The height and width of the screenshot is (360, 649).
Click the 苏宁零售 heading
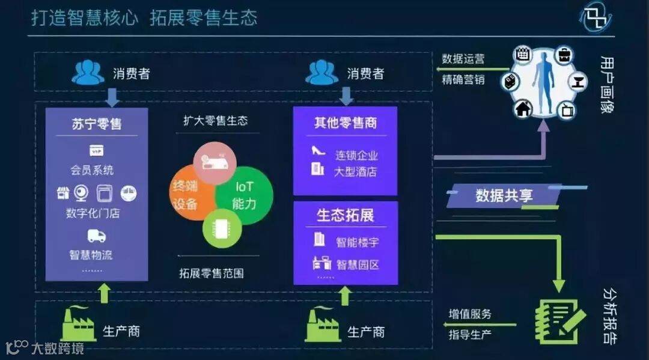96,124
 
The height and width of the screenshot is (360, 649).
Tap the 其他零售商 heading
346,123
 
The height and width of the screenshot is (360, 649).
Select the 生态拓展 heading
345,215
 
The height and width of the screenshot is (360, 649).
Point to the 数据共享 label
504,195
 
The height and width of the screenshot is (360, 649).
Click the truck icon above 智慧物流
96,236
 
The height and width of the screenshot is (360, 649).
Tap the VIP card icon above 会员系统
96,150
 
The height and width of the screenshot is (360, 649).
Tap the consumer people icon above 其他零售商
321,73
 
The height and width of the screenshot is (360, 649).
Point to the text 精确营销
463,79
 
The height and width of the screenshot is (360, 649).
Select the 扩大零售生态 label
215,121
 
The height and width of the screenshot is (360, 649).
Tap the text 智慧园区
358,264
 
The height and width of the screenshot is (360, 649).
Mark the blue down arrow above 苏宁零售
112,96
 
